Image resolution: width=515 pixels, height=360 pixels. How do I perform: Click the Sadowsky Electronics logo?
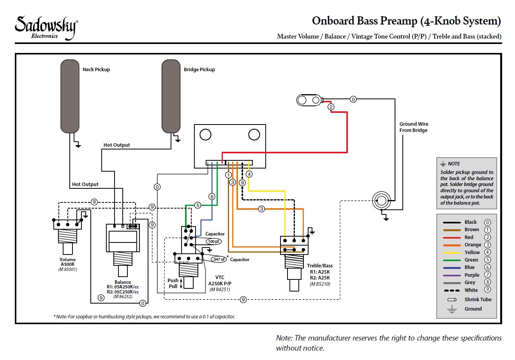46,27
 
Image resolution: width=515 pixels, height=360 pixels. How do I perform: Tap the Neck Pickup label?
96,70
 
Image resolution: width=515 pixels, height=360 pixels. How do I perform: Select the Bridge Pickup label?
199,70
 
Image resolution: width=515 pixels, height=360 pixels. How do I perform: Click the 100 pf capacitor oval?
213,241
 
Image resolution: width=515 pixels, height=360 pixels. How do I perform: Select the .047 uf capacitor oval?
219,259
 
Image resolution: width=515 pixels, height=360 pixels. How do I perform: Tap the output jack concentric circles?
381,201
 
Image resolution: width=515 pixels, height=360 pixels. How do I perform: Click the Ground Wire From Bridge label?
413,127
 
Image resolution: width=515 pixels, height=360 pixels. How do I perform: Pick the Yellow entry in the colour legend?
472,252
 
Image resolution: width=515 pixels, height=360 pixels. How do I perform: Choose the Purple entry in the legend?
472,275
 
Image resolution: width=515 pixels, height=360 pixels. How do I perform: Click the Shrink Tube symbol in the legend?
452,300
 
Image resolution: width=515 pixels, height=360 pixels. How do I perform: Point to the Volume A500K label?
67,262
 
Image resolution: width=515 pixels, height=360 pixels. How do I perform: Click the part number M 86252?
123,297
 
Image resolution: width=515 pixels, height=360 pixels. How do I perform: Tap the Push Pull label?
173,283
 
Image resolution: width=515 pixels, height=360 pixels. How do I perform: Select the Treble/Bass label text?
319,266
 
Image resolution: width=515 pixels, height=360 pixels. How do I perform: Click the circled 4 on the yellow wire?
249,174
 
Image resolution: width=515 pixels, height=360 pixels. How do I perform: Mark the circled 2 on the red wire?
331,107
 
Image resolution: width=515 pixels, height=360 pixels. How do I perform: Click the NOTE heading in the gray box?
454,164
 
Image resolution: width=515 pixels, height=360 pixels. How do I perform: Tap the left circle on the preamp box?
205,135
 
